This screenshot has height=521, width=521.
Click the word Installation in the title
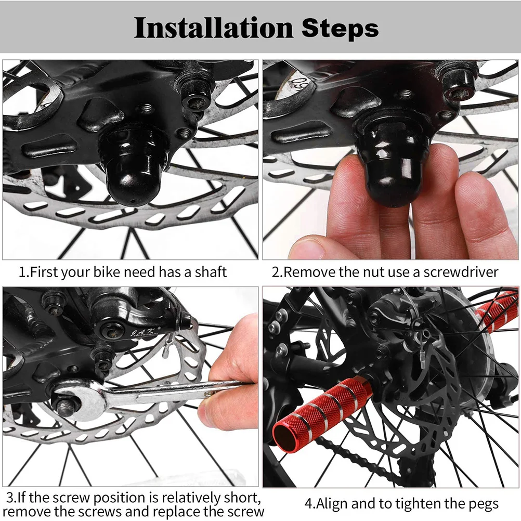213,28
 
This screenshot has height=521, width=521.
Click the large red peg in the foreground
317,411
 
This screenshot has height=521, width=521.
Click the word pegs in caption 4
481,503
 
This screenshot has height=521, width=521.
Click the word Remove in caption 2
309,272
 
